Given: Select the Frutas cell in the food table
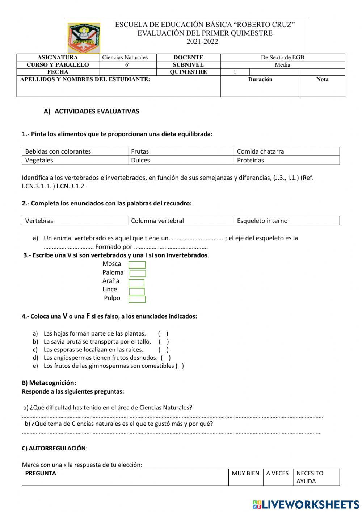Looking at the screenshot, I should (181, 151).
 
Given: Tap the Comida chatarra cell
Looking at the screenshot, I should (286, 151).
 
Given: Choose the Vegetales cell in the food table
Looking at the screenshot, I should (75, 160).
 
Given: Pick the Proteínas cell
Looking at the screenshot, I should (286, 160).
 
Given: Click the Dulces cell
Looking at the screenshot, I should (181, 160).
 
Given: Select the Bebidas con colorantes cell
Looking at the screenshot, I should (75, 151).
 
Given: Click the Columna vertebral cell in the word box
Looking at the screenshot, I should (181, 221).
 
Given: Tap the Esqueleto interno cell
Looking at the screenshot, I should (286, 221).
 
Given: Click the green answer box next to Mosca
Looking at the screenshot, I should (137, 265).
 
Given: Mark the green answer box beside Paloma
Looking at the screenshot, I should (138, 274).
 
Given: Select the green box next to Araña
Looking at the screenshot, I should (136, 283).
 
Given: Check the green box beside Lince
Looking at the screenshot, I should (137, 291).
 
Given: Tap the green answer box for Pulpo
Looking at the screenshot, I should (137, 299).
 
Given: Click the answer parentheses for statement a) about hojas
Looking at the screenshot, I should (163, 334).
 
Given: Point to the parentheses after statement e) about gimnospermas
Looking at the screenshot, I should (180, 366).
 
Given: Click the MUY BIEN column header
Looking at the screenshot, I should (245, 474).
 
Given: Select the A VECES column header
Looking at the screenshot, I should (277, 474).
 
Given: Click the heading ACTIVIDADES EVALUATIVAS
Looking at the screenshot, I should (97, 112).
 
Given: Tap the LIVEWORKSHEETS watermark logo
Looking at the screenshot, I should (306, 504).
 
